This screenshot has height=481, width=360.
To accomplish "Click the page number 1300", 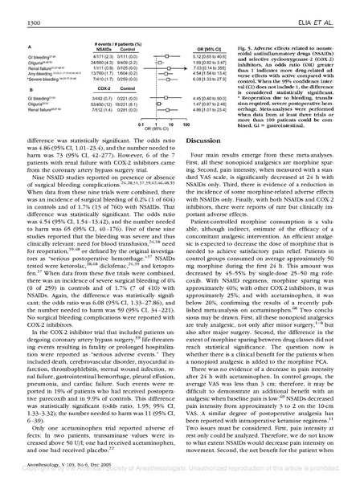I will point(22,8).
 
